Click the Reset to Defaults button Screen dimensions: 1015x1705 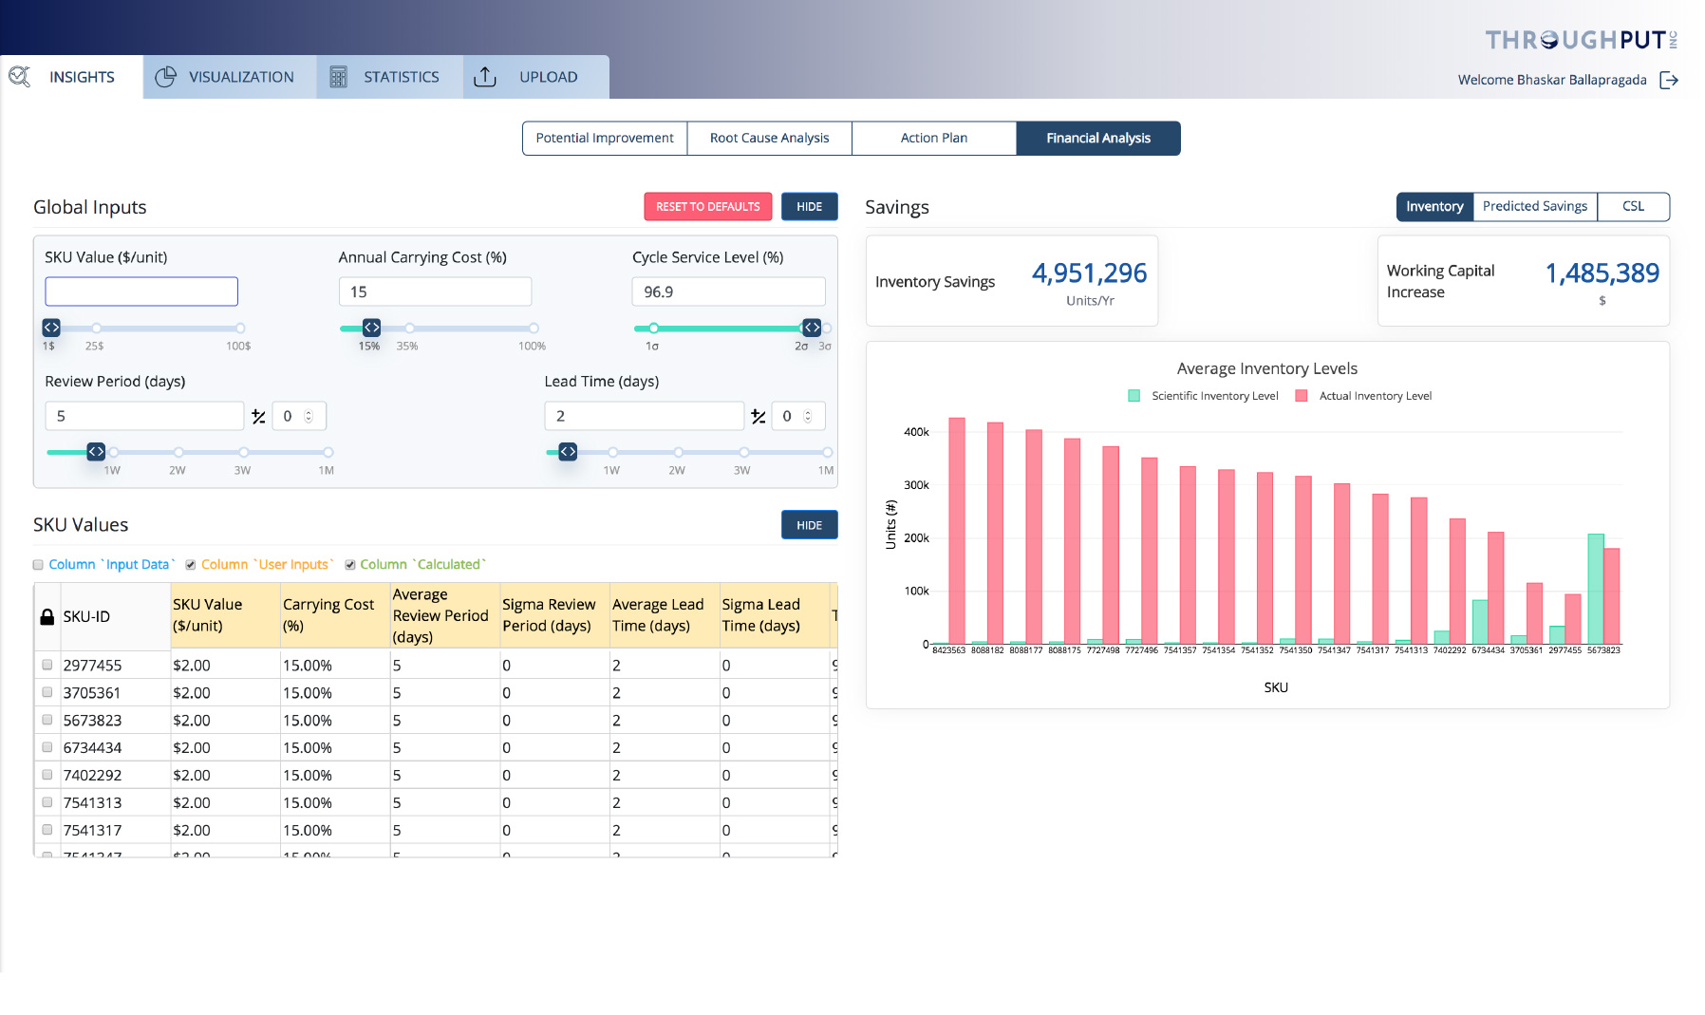point(707,207)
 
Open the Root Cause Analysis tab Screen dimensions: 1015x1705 point(769,139)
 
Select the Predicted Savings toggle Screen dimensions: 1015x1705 point(1534,207)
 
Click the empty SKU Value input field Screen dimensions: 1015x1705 point(141,291)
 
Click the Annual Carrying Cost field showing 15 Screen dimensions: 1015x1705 point(435,291)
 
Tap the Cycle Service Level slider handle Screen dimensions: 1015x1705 point(812,328)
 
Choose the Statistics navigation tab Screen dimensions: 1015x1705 point(390,77)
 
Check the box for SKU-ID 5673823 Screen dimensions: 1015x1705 point(47,720)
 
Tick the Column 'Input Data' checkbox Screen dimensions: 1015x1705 point(38,565)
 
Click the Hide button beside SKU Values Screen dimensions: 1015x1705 point(809,525)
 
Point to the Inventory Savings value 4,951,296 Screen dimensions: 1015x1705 point(1089,273)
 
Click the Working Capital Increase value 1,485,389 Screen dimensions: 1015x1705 point(1602,273)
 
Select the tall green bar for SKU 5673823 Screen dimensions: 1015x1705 point(1595,589)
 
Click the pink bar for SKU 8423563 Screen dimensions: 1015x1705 point(957,532)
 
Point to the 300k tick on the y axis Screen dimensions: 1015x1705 point(916,485)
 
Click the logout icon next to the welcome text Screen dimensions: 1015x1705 point(1669,80)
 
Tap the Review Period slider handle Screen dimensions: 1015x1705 point(96,452)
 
